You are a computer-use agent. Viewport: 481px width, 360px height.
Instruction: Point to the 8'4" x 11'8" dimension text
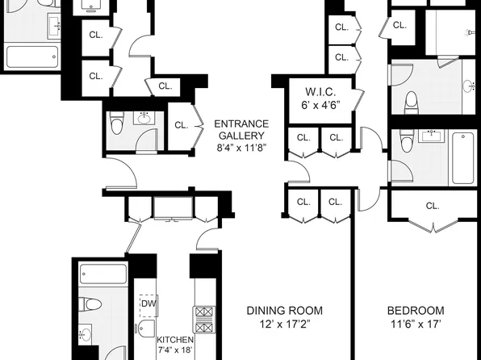tap(241, 149)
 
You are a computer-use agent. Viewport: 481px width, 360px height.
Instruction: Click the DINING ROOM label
tap(284, 311)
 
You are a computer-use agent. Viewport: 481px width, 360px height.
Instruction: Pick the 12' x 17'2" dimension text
tap(284, 324)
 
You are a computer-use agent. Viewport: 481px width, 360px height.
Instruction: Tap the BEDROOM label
tap(416, 311)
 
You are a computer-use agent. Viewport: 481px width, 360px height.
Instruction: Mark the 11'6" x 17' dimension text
tap(416, 324)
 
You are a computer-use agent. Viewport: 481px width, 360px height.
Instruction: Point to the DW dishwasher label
tap(147, 303)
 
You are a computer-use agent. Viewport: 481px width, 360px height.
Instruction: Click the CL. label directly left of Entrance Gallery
tap(181, 124)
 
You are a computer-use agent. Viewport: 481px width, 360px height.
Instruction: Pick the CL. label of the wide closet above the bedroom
tap(433, 205)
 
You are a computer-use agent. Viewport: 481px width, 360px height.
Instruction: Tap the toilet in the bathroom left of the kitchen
tap(90, 305)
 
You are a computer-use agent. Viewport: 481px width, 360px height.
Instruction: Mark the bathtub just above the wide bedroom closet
tap(462, 157)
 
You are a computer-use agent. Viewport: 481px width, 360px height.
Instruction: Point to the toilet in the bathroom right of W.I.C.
tap(411, 101)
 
